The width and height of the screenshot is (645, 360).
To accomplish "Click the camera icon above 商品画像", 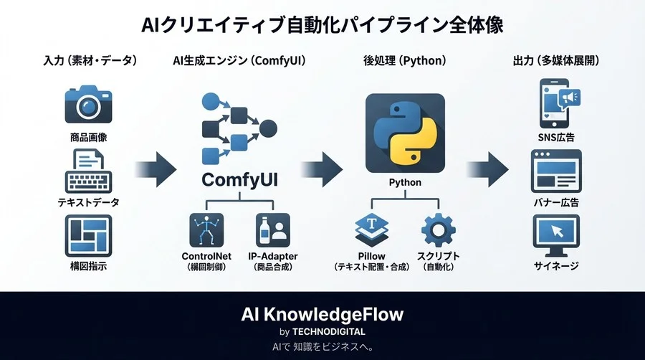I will [x=88, y=105].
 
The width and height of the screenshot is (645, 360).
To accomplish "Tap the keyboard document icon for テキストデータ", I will [x=88, y=169].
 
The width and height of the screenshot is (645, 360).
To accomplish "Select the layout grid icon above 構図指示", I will [x=88, y=236].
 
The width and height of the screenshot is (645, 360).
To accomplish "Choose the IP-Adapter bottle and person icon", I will [x=274, y=230].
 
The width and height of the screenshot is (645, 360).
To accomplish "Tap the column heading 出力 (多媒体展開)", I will [x=557, y=62].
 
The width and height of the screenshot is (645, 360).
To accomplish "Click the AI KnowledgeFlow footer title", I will [x=322, y=314].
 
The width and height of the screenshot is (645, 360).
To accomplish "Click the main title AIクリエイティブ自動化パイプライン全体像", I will [x=322, y=24].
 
